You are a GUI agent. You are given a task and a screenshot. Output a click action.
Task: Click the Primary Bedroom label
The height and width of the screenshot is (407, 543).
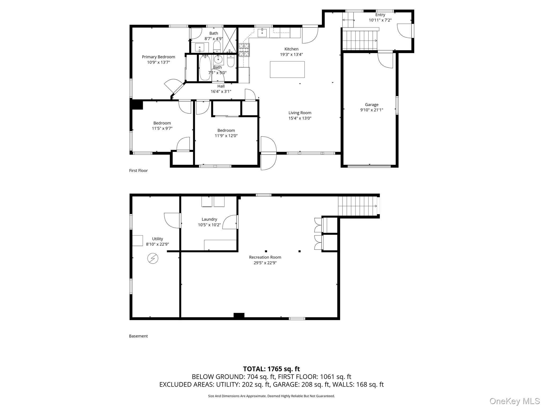158,57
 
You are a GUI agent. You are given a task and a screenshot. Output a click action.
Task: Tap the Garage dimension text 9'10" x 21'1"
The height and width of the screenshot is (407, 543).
371,110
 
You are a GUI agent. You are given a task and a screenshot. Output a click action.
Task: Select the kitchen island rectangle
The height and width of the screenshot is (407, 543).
287,69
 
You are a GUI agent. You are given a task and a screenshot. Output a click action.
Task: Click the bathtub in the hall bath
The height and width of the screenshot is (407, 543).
205,68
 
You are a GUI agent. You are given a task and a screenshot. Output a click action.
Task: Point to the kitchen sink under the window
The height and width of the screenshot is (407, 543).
262,33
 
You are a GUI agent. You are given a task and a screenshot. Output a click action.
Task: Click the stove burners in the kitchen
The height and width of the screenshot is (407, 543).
244,50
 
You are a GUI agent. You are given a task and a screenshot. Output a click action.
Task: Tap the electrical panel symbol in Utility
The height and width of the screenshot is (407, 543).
153,258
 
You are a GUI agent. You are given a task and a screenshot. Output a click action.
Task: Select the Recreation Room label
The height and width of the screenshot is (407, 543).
265,257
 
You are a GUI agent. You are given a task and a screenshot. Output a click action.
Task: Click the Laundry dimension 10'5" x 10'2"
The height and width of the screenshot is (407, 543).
209,225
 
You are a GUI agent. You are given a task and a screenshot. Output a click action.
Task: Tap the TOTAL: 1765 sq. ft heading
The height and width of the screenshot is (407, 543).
271,369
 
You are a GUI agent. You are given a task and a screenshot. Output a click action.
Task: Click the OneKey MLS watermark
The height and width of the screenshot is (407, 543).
514,401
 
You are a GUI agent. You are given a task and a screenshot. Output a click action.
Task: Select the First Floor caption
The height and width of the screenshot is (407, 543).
138,171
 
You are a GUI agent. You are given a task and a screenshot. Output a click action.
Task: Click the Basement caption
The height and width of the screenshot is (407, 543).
138,336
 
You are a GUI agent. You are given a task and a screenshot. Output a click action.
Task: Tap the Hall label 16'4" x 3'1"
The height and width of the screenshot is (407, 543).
221,89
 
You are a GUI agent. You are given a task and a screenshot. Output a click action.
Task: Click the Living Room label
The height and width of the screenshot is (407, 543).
300,113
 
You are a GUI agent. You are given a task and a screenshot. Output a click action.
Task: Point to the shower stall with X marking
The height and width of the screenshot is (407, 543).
229,40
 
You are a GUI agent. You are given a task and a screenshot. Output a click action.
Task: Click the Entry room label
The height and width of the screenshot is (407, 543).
380,15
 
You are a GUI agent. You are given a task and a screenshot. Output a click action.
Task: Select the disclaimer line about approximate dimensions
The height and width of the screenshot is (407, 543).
271,396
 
